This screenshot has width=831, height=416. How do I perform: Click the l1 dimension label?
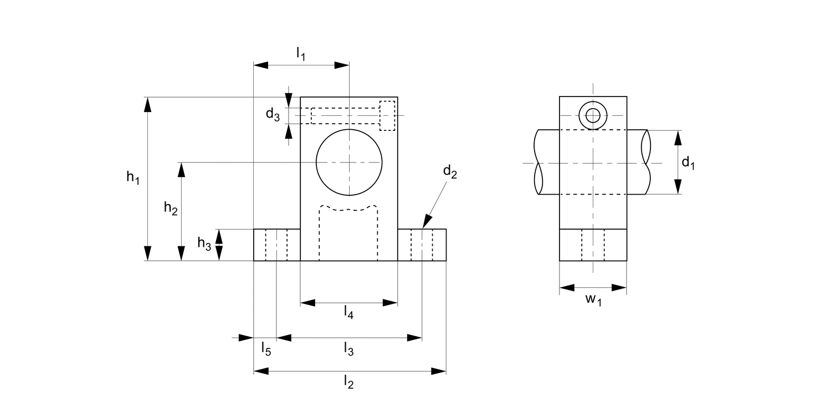[x=301, y=54]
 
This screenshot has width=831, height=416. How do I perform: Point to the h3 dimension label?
[x=204, y=243]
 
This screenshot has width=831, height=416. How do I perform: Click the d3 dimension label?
[x=273, y=115]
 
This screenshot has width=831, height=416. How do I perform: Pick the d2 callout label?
[x=449, y=172]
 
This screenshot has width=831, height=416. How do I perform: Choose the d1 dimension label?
[x=688, y=163]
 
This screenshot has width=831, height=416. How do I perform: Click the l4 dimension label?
[x=348, y=313]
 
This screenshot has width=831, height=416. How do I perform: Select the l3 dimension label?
[x=348, y=349]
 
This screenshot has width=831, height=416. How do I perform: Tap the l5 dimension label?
[x=266, y=349]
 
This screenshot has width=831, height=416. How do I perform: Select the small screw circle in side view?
[x=593, y=115]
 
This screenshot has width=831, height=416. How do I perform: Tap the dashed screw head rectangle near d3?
[x=387, y=115]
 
